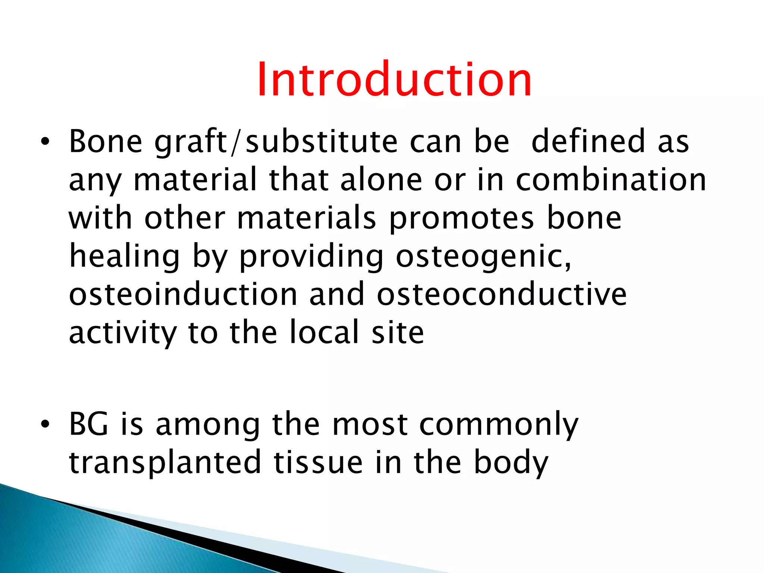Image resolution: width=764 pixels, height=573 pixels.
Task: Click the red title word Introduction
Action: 394,80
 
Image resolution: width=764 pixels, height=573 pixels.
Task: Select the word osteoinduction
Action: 183,294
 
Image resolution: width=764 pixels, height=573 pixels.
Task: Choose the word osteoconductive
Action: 502,294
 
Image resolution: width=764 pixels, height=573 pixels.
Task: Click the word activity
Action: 123,333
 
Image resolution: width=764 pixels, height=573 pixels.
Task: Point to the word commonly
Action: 498,426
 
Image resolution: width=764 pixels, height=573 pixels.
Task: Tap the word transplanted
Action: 165,463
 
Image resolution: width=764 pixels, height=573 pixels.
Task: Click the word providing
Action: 311,257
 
